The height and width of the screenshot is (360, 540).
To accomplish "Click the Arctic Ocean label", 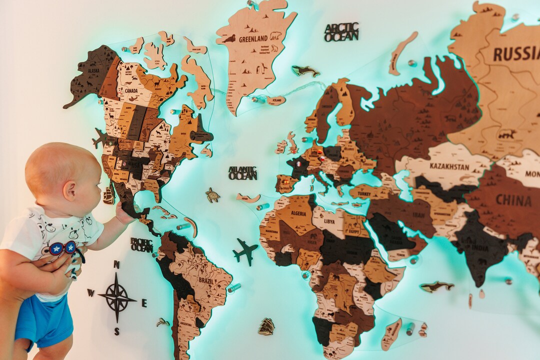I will pyautogui.click(x=341, y=31).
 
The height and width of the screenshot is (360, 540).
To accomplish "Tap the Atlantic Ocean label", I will pyautogui.click(x=242, y=173).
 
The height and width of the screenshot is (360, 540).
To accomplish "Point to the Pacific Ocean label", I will pyautogui.click(x=141, y=245).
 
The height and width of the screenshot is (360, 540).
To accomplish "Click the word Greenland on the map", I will pyautogui.click(x=253, y=39).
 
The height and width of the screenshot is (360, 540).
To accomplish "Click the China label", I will pyautogui.click(x=513, y=200).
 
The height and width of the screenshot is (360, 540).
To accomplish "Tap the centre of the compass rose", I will pyautogui.click(x=116, y=298).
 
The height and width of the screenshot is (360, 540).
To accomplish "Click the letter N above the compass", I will pyautogui.click(x=116, y=264).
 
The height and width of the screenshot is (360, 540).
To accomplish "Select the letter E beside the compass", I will pyautogui.click(x=144, y=303).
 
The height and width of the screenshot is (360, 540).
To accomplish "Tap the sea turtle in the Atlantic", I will pyautogui.click(x=213, y=195).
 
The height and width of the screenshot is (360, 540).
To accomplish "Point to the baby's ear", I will pyautogui.click(x=70, y=190).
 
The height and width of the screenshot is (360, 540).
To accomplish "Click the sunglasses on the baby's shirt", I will pyautogui.click(x=63, y=248).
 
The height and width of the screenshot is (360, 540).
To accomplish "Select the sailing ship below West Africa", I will pyautogui.click(x=266, y=326).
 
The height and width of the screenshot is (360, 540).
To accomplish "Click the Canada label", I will pyautogui.click(x=131, y=91).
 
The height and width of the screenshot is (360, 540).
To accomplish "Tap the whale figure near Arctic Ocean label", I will pyautogui.click(x=305, y=71).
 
